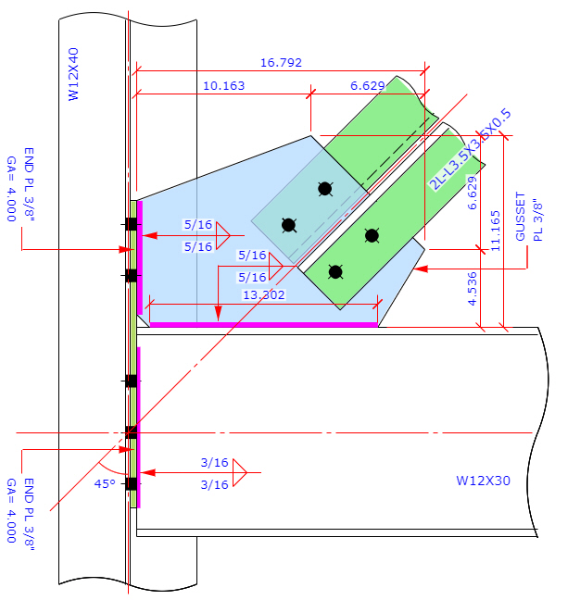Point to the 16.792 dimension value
coord(281,63)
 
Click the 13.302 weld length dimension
coord(263,294)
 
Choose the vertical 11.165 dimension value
coord(496,231)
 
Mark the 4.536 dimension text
coord(473,288)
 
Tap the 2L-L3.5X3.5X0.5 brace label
coord(470,148)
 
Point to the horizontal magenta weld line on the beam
coord(263,324)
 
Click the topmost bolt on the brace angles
coord(324,189)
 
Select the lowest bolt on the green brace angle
coord(335,271)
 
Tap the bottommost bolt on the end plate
coord(132,484)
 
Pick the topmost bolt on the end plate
coord(132,224)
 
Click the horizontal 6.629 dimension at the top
coord(367,85)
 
